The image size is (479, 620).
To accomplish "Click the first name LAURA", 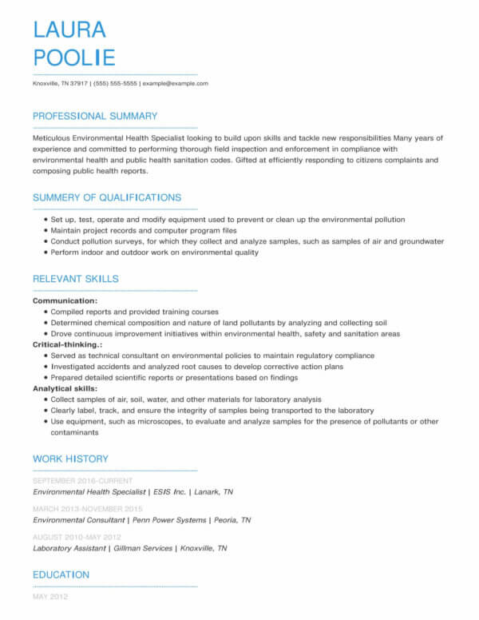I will point(69,30).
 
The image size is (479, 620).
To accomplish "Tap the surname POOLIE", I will point(74,58).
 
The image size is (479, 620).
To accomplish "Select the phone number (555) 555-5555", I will point(116,83).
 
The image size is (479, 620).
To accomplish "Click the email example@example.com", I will point(175,83).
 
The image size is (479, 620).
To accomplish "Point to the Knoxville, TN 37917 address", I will point(60,83).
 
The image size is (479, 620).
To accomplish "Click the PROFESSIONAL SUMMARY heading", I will point(95,116).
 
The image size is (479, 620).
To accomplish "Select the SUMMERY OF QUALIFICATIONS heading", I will point(107,197).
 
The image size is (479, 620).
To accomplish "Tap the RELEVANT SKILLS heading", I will point(76,279).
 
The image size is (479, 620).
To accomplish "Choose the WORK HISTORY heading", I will point(70,459).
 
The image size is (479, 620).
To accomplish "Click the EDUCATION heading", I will point(61,574).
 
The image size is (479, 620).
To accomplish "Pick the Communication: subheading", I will point(65,301).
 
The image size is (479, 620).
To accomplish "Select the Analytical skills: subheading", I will point(65,388).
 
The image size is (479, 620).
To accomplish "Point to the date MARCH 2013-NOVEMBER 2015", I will point(88,509).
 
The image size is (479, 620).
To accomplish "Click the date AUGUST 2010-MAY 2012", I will point(77,537).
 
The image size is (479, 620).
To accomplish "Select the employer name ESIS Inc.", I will point(169,492).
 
